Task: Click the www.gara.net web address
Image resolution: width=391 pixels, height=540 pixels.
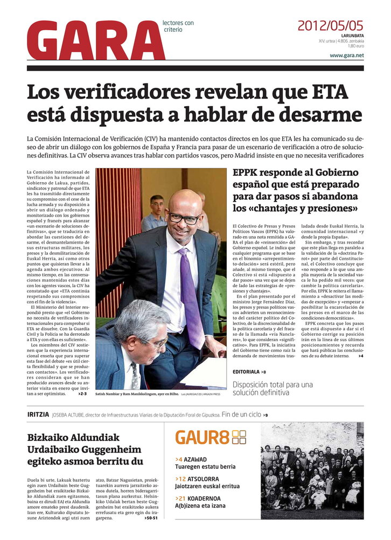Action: [x=346, y=56]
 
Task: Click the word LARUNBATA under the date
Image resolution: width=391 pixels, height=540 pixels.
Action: [x=352, y=36]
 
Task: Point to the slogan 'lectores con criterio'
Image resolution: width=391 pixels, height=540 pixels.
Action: [x=178, y=26]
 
